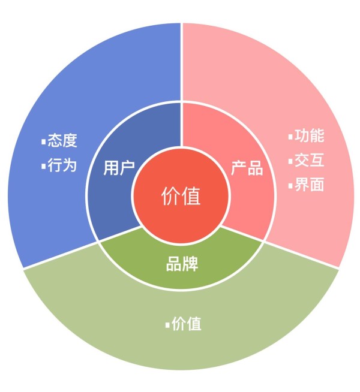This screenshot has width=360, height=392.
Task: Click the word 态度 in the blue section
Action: (x=62, y=140)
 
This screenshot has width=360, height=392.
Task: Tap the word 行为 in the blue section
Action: (x=62, y=165)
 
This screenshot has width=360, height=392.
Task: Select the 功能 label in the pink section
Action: (x=309, y=135)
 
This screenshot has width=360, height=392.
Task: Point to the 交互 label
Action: (x=309, y=160)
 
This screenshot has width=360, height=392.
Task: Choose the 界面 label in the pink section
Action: (x=309, y=185)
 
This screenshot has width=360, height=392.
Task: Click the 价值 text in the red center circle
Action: (x=181, y=196)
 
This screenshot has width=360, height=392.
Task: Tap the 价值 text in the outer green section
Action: (x=187, y=324)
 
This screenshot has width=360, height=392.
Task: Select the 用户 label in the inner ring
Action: (x=119, y=168)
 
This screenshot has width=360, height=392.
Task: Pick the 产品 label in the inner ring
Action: (x=247, y=168)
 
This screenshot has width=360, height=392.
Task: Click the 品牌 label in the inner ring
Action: (x=182, y=264)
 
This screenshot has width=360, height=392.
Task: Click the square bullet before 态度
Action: (x=44, y=141)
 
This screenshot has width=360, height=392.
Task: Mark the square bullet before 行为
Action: (x=44, y=167)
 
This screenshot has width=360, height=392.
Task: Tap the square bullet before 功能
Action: (x=290, y=137)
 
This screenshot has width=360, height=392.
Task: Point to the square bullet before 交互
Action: (x=290, y=161)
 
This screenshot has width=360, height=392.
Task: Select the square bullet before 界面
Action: (x=290, y=186)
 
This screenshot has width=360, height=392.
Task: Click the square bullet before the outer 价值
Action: (x=167, y=325)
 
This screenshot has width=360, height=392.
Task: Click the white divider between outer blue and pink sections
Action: (x=182, y=62)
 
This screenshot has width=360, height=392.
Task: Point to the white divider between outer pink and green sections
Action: (x=301, y=255)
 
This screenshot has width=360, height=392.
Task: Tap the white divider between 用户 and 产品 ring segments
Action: (x=182, y=125)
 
